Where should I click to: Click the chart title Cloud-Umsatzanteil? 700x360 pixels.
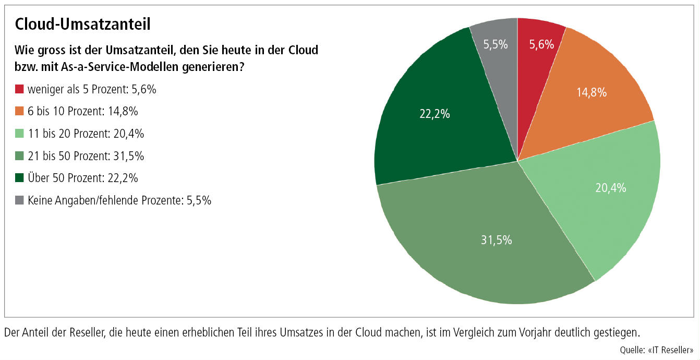83,24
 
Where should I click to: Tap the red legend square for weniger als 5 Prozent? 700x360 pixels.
19,89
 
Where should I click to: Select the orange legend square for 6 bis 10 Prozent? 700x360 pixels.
19,111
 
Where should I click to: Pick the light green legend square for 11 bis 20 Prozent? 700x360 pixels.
19,134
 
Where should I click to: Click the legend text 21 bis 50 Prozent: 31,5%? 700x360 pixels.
86,155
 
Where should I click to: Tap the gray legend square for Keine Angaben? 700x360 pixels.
19,200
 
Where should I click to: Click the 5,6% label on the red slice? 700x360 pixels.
541,45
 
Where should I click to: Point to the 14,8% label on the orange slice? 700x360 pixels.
591,93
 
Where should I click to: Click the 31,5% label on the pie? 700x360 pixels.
496,240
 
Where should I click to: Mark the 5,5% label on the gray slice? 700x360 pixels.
496,45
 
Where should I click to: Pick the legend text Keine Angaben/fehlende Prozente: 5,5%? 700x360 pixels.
119,200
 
